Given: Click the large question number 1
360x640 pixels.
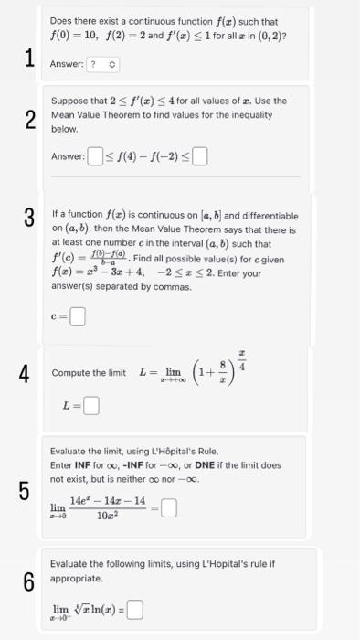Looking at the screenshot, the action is coord(28,58).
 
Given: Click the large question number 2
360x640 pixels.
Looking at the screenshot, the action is coord(29,120).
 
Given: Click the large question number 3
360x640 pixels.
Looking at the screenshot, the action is coord(29,217).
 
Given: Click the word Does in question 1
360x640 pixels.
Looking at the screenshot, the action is coord(61,22).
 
